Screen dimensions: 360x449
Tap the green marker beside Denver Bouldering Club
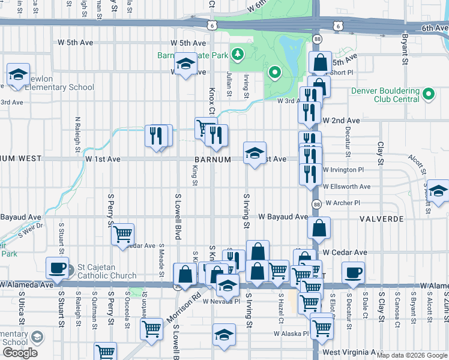(x=429, y=94)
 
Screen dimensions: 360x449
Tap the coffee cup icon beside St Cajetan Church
(x=58, y=268)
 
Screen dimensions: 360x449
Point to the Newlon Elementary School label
(x=61, y=87)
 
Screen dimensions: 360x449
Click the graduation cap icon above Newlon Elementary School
(x=18, y=75)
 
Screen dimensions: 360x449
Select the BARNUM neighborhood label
(x=213, y=160)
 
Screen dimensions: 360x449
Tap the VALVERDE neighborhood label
(x=382, y=219)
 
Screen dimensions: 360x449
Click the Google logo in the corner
(x=20, y=353)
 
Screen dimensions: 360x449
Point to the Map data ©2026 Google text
(x=412, y=355)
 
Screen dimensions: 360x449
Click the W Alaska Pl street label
(x=291, y=333)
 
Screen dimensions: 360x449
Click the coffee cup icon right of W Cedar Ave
(x=353, y=272)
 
